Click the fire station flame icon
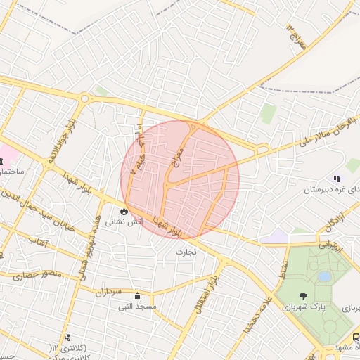(124, 210)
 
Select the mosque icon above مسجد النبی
(136, 295)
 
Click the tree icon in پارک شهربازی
(303, 296)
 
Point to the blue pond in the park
(323, 276)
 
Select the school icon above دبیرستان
(337, 179)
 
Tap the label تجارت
(187, 251)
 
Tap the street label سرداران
(109, 291)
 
